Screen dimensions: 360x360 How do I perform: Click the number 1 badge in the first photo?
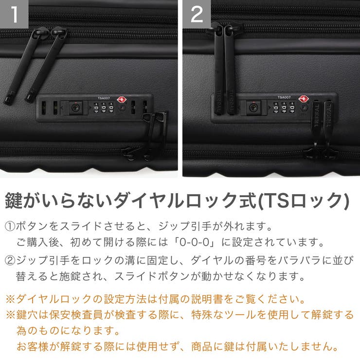(14, 14)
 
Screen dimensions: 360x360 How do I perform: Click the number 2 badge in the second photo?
(197, 14)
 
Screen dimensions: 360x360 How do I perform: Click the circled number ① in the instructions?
(10, 227)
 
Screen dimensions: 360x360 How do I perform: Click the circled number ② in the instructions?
(10, 260)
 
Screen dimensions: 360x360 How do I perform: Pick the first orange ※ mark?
(10, 298)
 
